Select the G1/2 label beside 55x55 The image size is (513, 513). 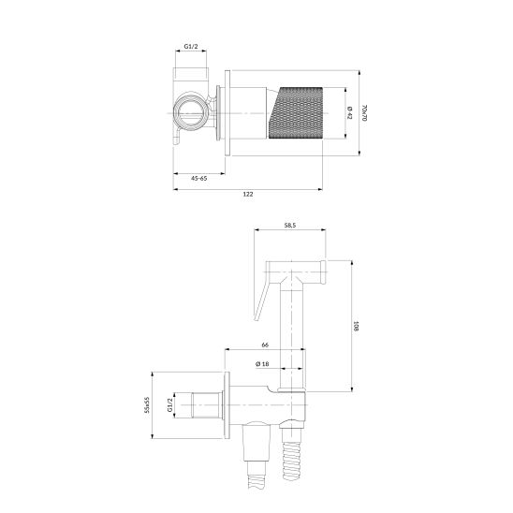pos(170,405)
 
